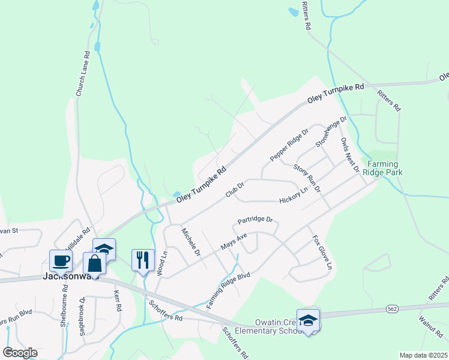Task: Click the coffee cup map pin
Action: pyautogui.click(x=61, y=260)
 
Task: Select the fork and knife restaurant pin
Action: pyautogui.click(x=142, y=260)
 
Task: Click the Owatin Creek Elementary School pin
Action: pyautogui.click(x=308, y=320)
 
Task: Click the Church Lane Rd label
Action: pyautogui.click(x=83, y=73)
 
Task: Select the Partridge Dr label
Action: pyautogui.click(x=255, y=220)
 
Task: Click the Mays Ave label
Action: pyautogui.click(x=234, y=242)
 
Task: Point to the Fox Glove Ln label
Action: pyautogui.click(x=321, y=251)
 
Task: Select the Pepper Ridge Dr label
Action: pyautogui.click(x=289, y=145)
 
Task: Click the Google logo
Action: pyautogui.click(x=20, y=352)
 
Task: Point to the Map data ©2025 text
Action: pyautogui.click(x=423, y=355)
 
